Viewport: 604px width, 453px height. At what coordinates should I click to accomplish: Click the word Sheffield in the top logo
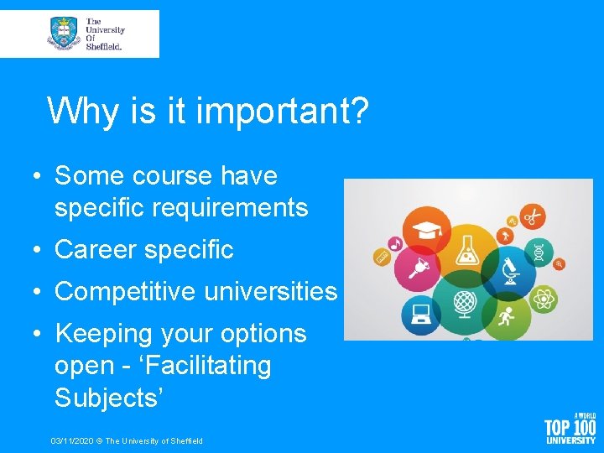[105, 47]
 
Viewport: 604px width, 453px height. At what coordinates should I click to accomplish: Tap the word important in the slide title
[281, 111]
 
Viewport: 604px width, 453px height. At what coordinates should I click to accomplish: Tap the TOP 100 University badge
[570, 428]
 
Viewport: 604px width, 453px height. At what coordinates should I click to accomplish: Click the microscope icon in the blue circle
[508, 270]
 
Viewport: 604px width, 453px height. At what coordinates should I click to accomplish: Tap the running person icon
[506, 317]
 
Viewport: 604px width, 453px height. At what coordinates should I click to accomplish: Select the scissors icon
[531, 217]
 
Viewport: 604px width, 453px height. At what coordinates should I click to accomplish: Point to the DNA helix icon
[538, 251]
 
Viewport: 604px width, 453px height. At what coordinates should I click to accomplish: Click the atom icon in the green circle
[544, 297]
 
